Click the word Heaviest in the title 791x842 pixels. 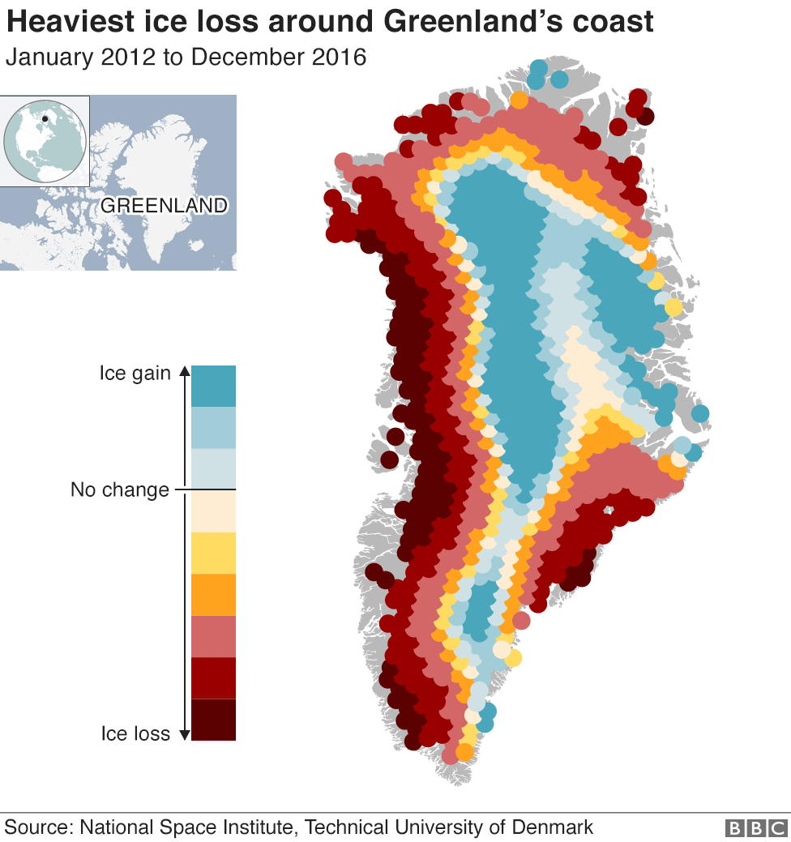click(61, 22)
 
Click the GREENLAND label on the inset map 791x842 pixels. click(164, 206)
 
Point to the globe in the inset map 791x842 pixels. click(45, 141)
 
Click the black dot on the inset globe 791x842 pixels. click(45, 119)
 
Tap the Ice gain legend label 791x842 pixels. click(135, 374)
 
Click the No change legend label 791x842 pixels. click(120, 490)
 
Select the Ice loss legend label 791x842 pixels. click(135, 734)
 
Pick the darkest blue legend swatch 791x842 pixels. click(213, 386)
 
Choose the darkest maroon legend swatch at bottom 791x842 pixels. click(213, 720)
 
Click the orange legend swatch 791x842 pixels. click(213, 595)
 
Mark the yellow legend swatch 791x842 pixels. click(213, 553)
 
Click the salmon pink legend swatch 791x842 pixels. click(213, 636)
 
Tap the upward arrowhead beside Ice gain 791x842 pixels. click(183, 372)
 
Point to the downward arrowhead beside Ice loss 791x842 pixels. click(183, 734)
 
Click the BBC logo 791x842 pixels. click(755, 828)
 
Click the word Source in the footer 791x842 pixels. click(38, 827)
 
